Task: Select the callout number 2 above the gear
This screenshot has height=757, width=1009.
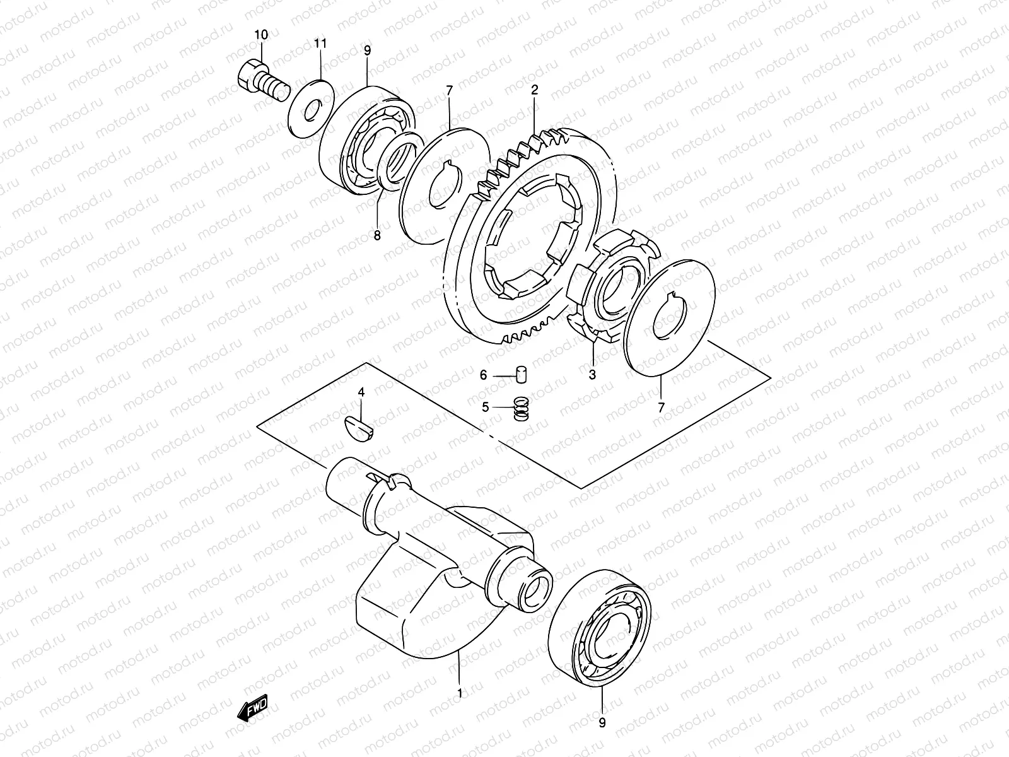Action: point(534,90)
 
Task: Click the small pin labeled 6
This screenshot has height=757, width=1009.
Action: point(521,373)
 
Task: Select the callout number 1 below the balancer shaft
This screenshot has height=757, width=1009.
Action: point(460,693)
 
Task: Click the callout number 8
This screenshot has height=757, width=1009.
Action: point(377,236)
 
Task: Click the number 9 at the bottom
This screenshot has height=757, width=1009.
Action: point(602,724)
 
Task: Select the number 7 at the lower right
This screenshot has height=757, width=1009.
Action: point(661,408)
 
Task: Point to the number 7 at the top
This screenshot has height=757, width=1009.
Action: point(449,91)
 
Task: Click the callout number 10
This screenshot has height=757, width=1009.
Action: point(260,35)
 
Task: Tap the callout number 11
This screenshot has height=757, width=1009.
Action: point(321,43)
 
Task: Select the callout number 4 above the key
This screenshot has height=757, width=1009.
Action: point(361,393)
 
